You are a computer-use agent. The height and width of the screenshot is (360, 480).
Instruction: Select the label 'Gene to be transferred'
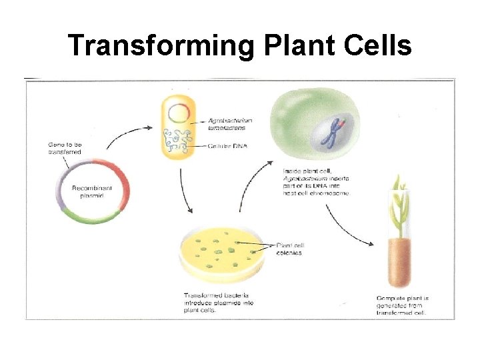pos(65,148)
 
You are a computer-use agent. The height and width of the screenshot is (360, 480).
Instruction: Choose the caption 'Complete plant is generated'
pos(401,304)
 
